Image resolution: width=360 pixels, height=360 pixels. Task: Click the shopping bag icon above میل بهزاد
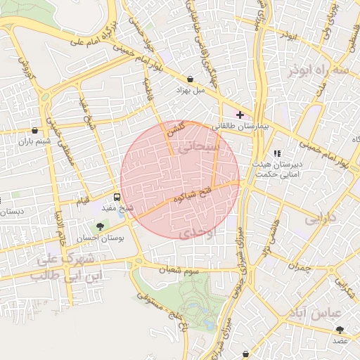pos(191,79)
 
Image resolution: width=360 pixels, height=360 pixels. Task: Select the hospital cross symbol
pos(240,114)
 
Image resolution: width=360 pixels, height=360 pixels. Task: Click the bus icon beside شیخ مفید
pos(117,197)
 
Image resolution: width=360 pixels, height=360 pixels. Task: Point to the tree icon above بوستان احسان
pos(100,226)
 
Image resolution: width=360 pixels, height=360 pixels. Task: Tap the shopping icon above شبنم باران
pos(35,130)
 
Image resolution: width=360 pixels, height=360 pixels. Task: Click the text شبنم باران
pos(35,142)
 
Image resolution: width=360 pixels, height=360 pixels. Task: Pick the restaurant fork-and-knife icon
pos(276,153)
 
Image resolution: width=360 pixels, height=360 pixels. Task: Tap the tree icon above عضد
pos(340,329)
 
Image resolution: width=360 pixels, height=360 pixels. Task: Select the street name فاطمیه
pos(149,88)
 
